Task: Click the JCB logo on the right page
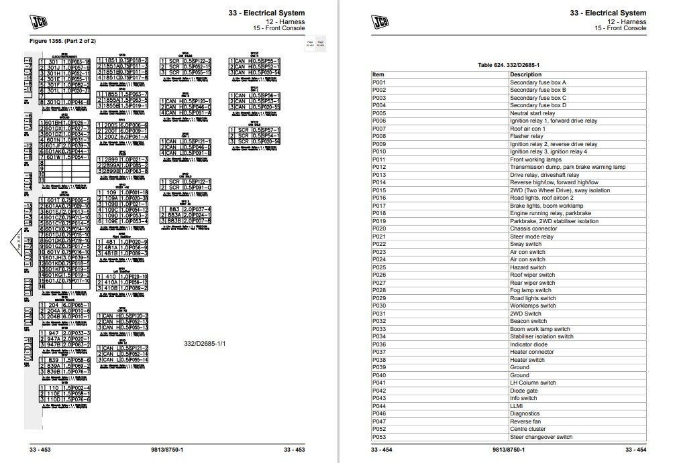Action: (382, 21)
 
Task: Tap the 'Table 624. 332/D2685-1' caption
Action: (509, 64)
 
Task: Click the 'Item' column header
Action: (378, 74)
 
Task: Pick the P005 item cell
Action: (379, 113)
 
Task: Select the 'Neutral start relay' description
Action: (532, 113)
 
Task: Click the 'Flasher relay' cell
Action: (526, 136)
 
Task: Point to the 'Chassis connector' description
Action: (533, 228)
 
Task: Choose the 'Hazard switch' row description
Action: (527, 267)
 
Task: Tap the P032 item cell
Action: (379, 321)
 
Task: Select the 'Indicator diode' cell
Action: (529, 344)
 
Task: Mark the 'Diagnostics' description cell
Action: (525, 413)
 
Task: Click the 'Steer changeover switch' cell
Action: (541, 437)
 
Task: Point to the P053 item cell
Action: (379, 437)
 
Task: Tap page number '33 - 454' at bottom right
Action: (635, 450)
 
